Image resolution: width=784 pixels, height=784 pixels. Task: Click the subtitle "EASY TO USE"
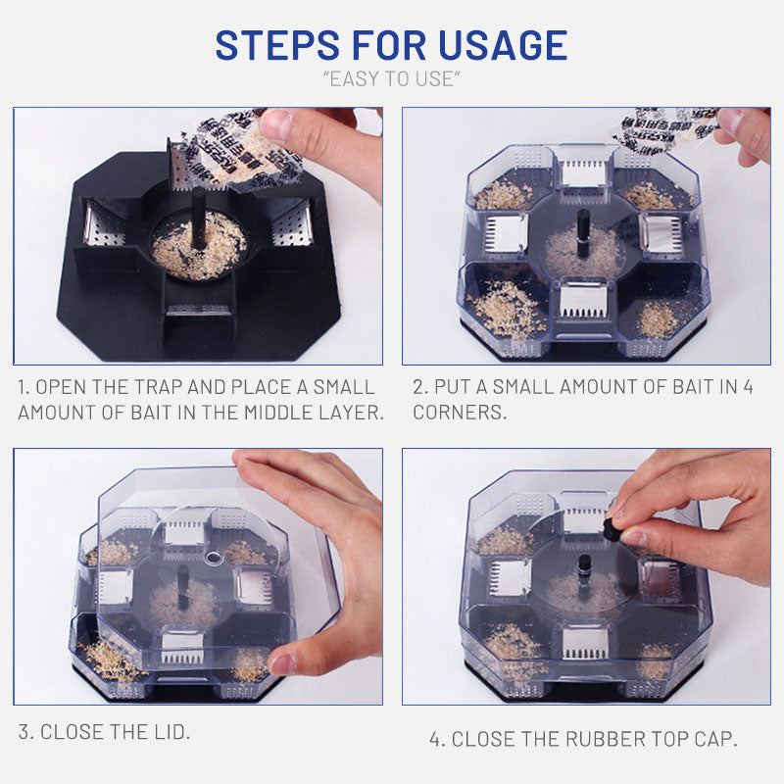392,79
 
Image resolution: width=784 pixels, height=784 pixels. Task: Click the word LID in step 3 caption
171,731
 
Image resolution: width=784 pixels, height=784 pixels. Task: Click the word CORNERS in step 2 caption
460,412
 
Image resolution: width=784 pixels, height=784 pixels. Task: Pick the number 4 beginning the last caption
435,739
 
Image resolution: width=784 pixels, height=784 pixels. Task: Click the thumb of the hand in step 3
286,662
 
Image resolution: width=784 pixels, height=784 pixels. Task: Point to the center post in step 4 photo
585,566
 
